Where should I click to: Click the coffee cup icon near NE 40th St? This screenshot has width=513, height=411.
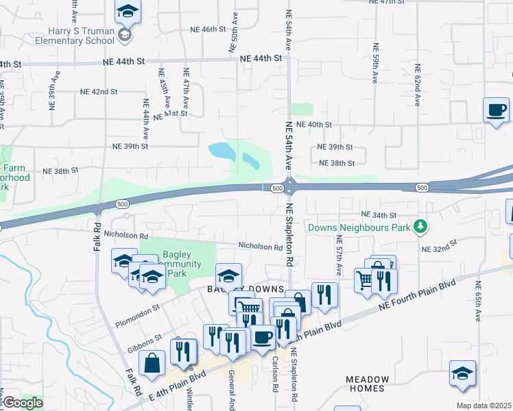tap(496, 110)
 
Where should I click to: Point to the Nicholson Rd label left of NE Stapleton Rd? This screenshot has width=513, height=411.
tap(260, 247)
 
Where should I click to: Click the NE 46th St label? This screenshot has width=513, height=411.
tap(204, 29)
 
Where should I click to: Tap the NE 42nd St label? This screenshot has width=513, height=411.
tap(99, 92)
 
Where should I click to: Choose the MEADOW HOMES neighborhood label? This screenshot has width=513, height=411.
tap(367, 384)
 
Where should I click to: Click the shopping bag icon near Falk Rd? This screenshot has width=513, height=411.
tap(152, 364)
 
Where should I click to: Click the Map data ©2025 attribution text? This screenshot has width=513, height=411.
tap(483, 406)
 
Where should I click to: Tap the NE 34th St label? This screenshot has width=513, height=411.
tap(379, 215)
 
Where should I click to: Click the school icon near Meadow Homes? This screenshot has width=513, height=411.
tap(463, 374)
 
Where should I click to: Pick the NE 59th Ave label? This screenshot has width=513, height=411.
tap(375, 64)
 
